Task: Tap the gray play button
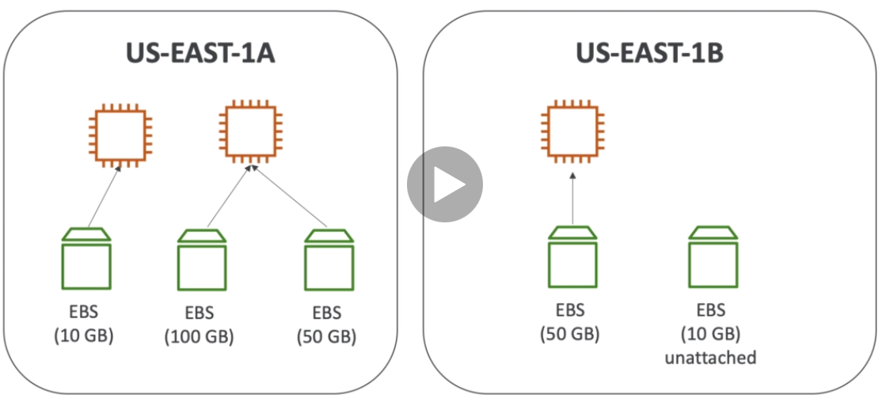445,184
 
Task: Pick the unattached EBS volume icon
713,258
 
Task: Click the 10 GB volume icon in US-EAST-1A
86,260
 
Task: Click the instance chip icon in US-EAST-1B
569,129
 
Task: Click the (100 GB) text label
200,337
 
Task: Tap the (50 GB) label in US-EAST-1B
569,333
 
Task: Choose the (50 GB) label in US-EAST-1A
327,337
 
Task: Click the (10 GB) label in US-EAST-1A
84,335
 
